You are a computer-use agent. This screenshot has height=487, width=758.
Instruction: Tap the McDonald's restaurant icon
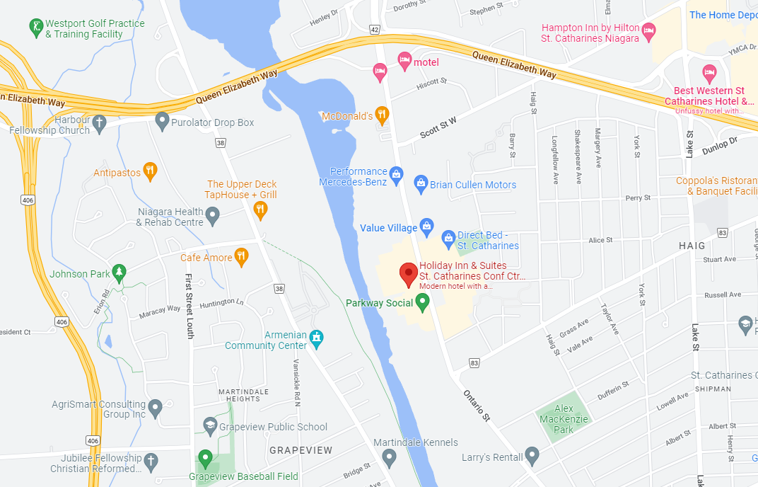383,115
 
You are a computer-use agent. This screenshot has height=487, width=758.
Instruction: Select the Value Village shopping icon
426,227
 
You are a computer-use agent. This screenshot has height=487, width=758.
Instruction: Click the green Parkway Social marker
423,303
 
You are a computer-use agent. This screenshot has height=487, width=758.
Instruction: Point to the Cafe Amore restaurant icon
242,256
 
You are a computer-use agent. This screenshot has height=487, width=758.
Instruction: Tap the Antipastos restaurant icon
149,171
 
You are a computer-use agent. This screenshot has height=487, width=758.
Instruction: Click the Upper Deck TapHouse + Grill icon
260,209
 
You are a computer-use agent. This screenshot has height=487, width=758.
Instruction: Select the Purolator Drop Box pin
162,122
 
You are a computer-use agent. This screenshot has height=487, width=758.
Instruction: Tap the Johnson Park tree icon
119,273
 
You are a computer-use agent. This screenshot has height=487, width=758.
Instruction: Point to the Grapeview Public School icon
209,426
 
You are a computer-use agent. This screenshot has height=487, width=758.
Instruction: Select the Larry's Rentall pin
532,456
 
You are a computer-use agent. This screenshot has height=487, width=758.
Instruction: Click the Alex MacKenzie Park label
564,419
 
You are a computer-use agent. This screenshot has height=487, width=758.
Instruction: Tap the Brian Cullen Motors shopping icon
421,184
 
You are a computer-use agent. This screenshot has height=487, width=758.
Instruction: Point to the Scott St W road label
438,127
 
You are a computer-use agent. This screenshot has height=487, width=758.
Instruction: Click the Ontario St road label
477,404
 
